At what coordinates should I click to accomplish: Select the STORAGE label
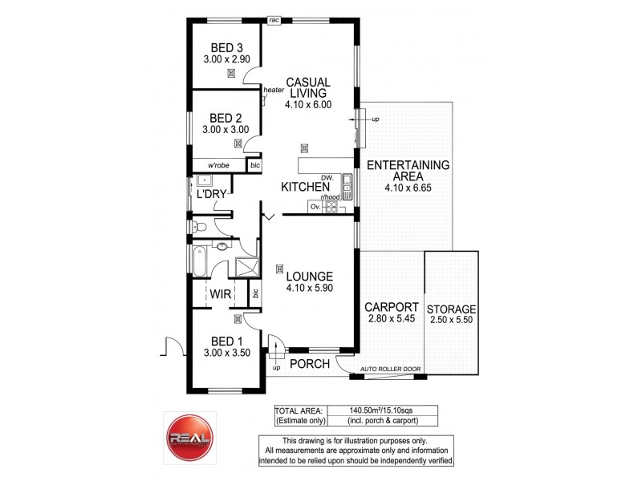pos(452,309)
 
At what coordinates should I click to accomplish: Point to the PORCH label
pos(310,364)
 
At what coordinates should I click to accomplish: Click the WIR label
pos(221,295)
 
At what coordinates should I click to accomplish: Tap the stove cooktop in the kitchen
pos(329,207)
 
